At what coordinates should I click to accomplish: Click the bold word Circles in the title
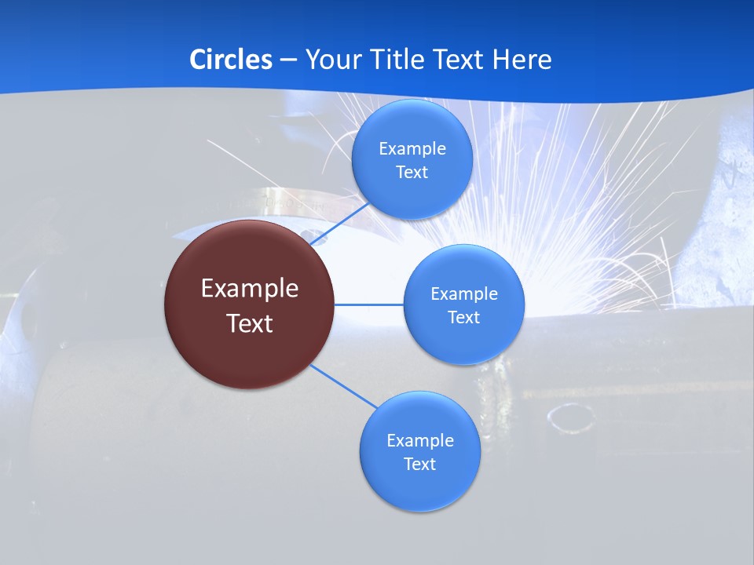pyautogui.click(x=231, y=59)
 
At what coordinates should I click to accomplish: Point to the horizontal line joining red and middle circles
pyautogui.click(x=369, y=304)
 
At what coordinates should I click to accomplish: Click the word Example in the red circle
pyautogui.click(x=250, y=289)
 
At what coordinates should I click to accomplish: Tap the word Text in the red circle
pyautogui.click(x=250, y=323)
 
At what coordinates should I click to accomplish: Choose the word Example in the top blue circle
pyautogui.click(x=412, y=149)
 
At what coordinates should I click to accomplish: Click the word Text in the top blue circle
pyautogui.click(x=412, y=173)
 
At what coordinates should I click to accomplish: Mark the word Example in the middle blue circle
pyautogui.click(x=464, y=294)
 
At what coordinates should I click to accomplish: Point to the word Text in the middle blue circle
pyautogui.click(x=464, y=318)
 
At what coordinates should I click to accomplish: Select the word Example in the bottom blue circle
pyautogui.click(x=420, y=441)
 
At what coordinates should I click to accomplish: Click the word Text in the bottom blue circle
pyautogui.click(x=420, y=465)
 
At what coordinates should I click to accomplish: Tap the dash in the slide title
pyautogui.click(x=288, y=60)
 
